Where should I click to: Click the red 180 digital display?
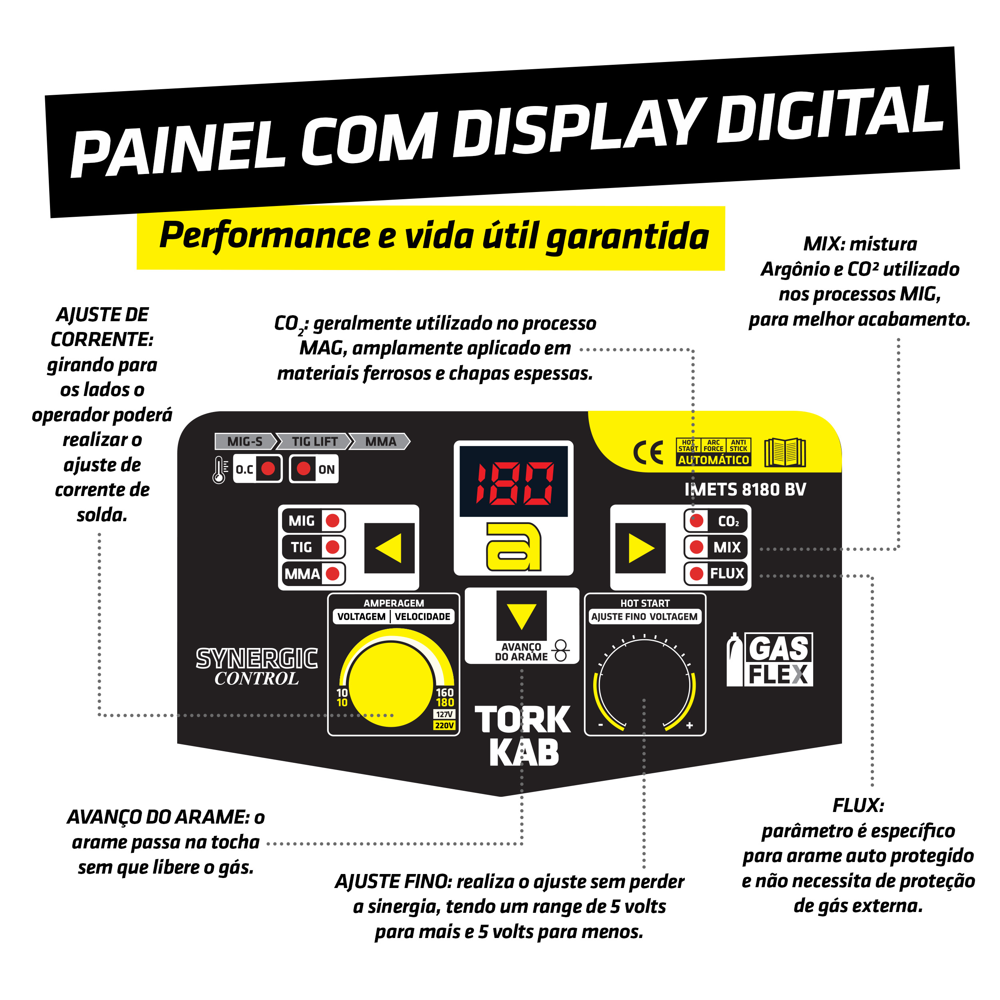514,481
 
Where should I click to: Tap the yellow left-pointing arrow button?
389,548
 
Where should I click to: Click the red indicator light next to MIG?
333,521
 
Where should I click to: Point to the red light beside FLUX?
697,574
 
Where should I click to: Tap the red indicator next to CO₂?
697,521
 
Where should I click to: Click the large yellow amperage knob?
392,684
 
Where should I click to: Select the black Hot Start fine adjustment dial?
645,684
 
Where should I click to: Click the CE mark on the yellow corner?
648,453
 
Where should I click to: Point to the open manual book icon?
785,452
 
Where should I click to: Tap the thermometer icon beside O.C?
220,470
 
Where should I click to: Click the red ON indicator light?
304,469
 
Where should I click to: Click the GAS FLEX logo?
770,660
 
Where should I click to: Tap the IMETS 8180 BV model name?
745,490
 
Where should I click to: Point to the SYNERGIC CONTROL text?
257,667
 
